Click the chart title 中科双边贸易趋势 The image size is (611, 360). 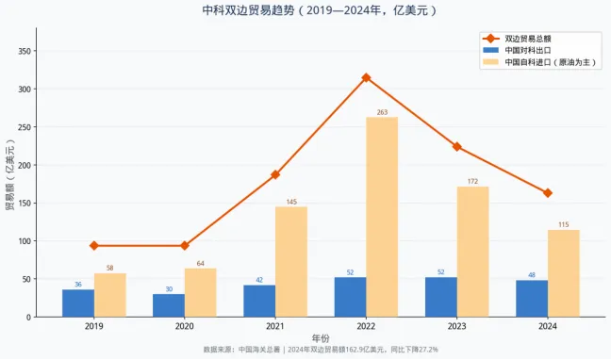click(305, 10)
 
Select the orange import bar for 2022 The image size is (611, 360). click(382, 217)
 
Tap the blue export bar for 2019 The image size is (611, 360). click(78, 303)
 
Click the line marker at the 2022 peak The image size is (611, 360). click(366, 77)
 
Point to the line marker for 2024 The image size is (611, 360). click(548, 193)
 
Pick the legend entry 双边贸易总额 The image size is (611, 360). click(529, 38)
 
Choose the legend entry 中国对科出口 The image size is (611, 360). click(524, 50)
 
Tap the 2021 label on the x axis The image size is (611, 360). click(275, 327)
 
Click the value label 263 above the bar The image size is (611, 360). click(382, 112)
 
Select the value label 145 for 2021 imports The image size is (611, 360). click(291, 202)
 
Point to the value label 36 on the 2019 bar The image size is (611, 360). click(78, 285)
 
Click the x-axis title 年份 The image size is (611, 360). click(321, 337)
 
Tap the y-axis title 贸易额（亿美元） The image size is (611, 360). click(9, 178)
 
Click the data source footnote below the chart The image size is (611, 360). click(321, 350)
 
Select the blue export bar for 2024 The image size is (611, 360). click(532, 299)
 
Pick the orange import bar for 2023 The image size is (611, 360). click(472, 252)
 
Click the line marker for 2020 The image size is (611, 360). click(185, 246)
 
